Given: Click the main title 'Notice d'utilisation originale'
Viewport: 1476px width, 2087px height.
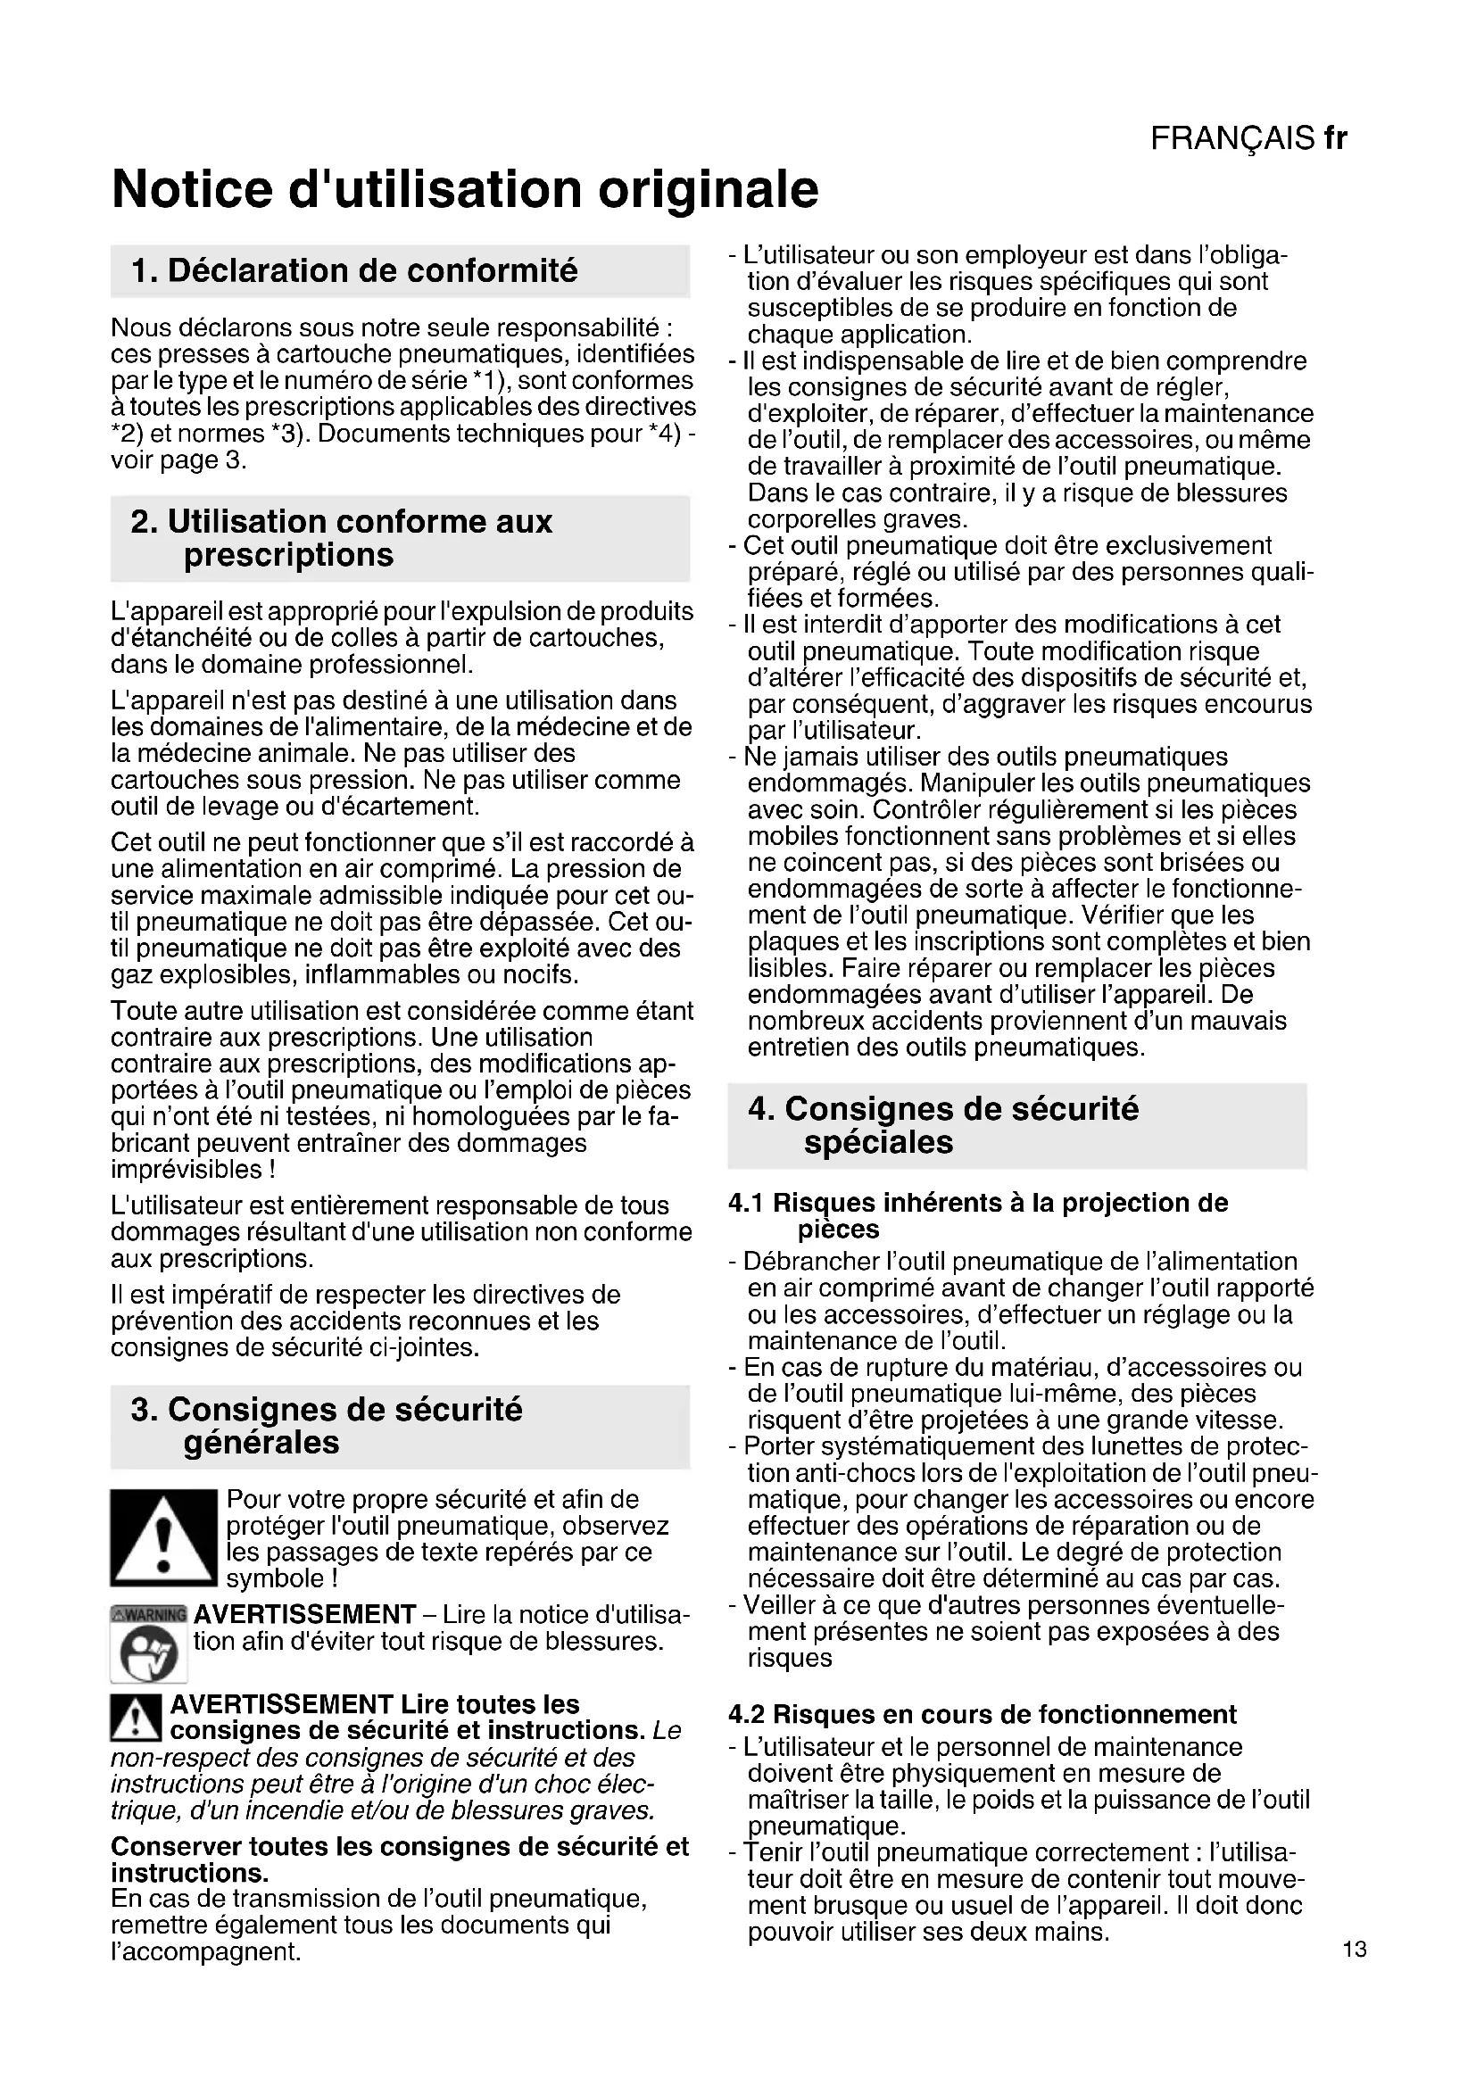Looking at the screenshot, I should pos(464,189).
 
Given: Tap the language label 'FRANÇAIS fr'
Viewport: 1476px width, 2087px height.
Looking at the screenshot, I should pos(1248,138).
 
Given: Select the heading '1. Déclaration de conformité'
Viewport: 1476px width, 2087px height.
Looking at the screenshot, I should pos(354,271).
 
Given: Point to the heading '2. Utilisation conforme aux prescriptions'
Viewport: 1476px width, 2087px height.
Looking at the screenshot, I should pos(342,538).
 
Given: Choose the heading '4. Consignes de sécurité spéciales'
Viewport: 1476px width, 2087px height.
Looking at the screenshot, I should pos(943,1125).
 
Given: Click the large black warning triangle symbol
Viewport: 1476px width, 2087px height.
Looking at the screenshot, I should pos(163,1537).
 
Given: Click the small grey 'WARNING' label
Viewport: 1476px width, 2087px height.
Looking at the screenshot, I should pos(148,1615).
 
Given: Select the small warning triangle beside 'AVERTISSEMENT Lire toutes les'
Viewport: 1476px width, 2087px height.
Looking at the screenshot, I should pos(136,1718).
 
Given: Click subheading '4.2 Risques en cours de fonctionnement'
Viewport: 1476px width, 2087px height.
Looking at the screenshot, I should pos(983,1714).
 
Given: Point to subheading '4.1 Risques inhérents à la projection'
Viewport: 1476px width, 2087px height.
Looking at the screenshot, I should pos(978,1204).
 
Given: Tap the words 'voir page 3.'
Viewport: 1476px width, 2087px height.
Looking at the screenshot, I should pos(179,460).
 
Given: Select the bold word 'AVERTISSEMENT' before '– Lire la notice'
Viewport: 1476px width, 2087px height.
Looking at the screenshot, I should pos(304,1614).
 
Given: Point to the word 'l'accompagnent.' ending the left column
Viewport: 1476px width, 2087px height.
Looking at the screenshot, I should pos(205,1951).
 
